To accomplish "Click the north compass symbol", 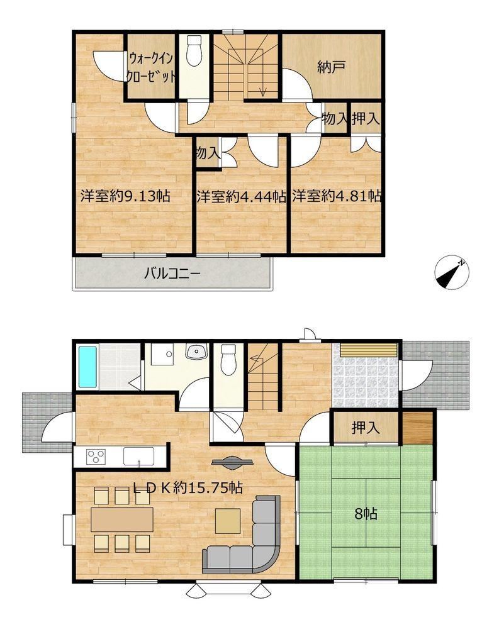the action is click(x=452, y=272).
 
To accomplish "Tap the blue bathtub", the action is click(x=87, y=367).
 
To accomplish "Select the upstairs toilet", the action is click(x=194, y=50).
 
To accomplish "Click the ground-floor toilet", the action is click(x=228, y=359).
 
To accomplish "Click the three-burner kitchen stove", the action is click(x=96, y=456).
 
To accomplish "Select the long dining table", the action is click(x=122, y=519).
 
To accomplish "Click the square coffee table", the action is click(x=228, y=520).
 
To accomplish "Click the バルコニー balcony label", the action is click(x=172, y=273).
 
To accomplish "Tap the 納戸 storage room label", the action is click(x=331, y=67).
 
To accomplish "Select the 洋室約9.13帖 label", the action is click(x=125, y=196).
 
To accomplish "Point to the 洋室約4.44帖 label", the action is click(x=241, y=196).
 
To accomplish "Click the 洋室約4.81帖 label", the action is click(x=336, y=196).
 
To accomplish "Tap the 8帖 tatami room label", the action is click(x=366, y=513).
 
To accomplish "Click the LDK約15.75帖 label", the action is click(x=188, y=487).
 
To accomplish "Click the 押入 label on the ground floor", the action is click(x=365, y=428).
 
